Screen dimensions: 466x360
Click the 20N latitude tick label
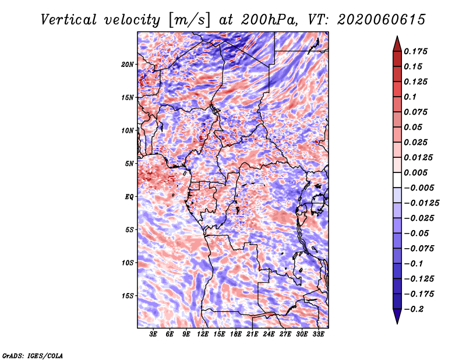tap(128, 65)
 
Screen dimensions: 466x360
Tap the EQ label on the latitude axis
tap(129, 197)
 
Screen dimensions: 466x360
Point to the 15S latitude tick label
tap(128, 296)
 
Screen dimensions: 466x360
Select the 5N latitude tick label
tap(129, 164)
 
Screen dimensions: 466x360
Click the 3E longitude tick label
tap(153, 334)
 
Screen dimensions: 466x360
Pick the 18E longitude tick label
tap(236, 334)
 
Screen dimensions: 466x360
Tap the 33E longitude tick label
tap(318, 334)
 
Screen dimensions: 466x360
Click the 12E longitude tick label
tap(203, 334)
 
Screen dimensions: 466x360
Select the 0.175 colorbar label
tap(415, 51)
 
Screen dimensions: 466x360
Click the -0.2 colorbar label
tap(414, 309)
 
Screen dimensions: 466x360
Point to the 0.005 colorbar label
tap(415, 172)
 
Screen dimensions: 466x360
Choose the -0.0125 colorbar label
tap(421, 203)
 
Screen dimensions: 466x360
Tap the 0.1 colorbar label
tap(410, 97)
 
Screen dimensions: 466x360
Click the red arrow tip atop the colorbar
tap(397, 37)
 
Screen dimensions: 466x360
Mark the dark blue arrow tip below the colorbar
tap(397, 323)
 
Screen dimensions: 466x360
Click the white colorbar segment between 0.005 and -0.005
tap(397, 180)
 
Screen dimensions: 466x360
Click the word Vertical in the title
tap(68, 20)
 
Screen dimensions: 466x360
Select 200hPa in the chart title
tap(269, 20)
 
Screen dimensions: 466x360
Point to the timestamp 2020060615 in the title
tap(382, 20)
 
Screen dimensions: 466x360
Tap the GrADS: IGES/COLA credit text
tap(33, 355)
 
